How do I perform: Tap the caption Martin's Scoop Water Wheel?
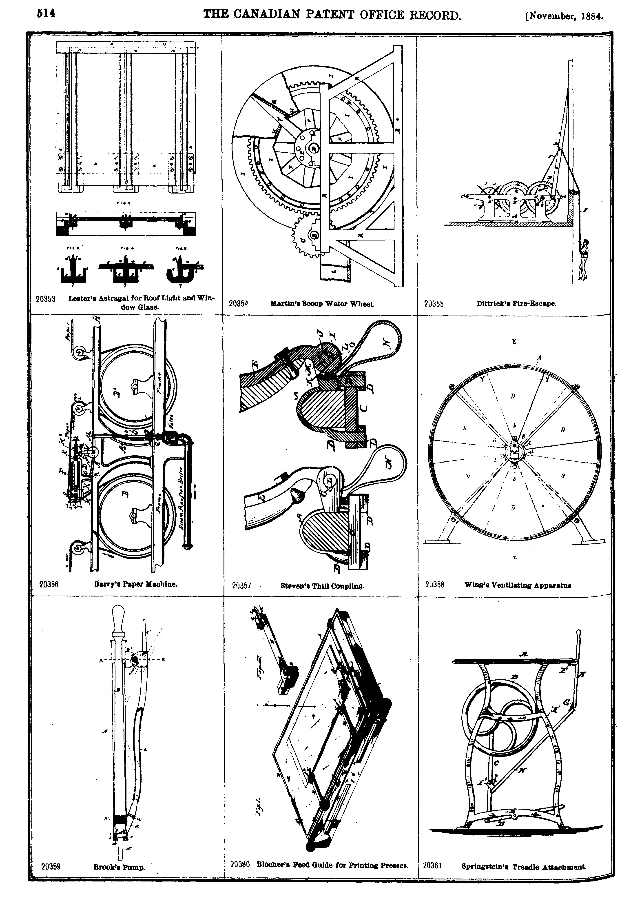tap(322, 303)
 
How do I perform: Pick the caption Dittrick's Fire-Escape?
tap(516, 303)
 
